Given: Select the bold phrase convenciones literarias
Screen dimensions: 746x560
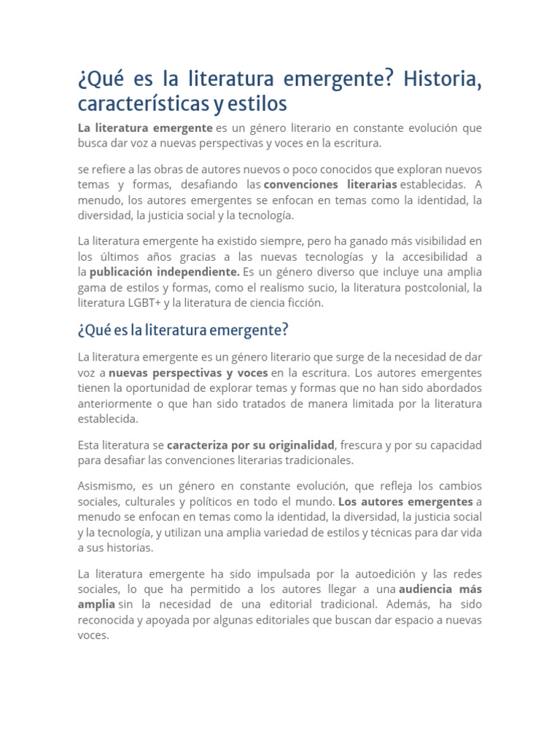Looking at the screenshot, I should [330, 184].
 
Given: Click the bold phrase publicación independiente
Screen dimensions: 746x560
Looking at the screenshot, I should [165, 272].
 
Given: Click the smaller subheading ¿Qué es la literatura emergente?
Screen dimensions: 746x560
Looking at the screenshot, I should [183, 331].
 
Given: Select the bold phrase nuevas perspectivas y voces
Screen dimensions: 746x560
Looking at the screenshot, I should [188, 372].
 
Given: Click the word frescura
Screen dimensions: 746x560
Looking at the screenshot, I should [362, 444].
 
